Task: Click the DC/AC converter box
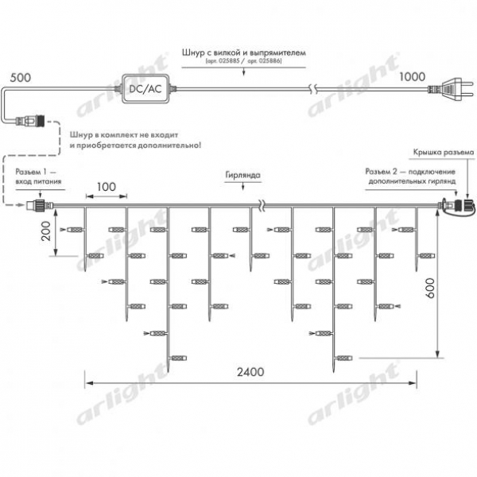click(145, 88)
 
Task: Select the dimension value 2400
click(250, 372)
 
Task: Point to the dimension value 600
click(430, 288)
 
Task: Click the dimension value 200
click(46, 231)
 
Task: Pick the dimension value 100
click(107, 187)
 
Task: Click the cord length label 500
click(21, 78)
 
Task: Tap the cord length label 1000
click(412, 76)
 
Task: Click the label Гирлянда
click(242, 175)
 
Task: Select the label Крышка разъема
click(444, 152)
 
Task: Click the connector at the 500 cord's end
click(30, 121)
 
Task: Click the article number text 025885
click(228, 61)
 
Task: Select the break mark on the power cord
click(313, 89)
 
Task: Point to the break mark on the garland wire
click(262, 205)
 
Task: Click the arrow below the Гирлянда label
click(242, 186)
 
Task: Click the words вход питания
click(38, 181)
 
